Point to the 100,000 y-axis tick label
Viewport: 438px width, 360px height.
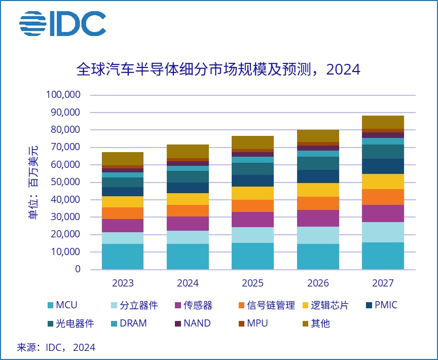tap(63, 95)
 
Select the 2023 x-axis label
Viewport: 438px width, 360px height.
tap(122, 283)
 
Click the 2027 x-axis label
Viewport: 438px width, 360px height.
tap(383, 283)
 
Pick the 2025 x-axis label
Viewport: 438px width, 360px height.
tap(252, 283)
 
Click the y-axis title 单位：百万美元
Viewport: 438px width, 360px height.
tap(33, 182)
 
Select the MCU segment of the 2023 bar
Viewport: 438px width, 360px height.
tap(122, 256)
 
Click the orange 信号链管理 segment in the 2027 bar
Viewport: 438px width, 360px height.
tap(383, 197)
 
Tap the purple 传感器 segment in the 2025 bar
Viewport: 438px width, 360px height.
tap(252, 219)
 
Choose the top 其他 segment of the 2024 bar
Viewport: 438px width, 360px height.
tap(188, 151)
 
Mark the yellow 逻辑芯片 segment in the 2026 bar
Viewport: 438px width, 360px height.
tap(318, 190)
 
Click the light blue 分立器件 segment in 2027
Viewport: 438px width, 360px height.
tap(383, 232)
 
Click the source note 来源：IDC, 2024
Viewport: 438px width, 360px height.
tap(56, 347)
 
